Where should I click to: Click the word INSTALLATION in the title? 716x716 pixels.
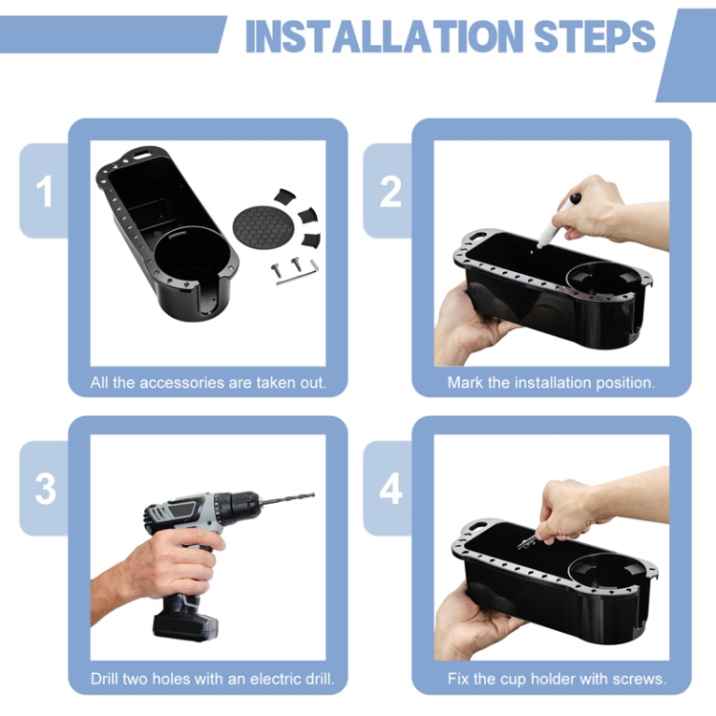coord(384,36)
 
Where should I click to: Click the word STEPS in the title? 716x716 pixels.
coord(595,36)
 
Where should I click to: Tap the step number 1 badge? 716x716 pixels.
coord(44,192)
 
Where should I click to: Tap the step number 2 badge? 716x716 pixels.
coord(390,192)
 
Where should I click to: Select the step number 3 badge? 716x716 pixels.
coord(45,489)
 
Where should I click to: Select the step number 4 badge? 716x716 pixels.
coord(390,489)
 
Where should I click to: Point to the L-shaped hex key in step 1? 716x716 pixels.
coord(297,273)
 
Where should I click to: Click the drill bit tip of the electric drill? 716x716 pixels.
coord(314,495)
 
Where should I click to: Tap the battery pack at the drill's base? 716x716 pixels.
coord(185,625)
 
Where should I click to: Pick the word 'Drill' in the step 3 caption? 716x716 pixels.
coord(103,679)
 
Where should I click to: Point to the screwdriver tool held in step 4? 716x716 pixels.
coord(530,542)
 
